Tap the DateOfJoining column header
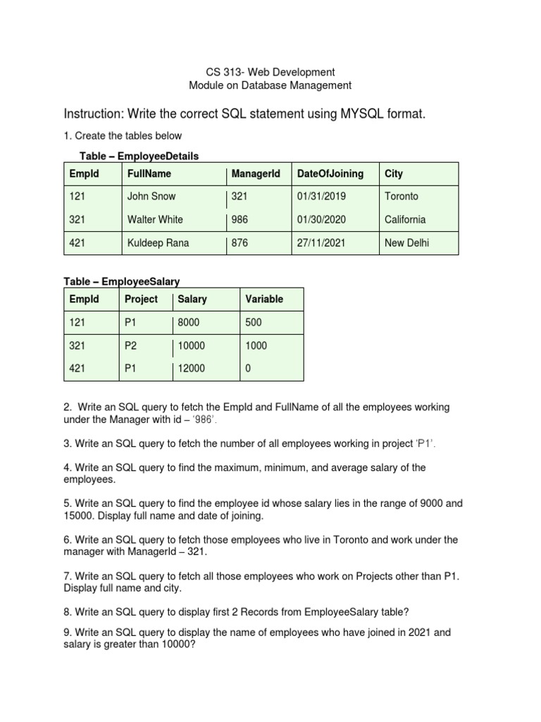[x=330, y=173]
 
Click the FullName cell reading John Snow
[x=151, y=197]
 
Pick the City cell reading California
[x=405, y=220]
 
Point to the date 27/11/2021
[x=323, y=243]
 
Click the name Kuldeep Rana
[x=158, y=243]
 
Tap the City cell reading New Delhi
[x=406, y=243]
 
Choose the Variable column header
[x=264, y=299]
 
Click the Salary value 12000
[x=192, y=369]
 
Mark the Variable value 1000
[x=256, y=345]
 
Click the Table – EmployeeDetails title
[x=141, y=156]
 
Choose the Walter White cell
[x=154, y=220]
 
